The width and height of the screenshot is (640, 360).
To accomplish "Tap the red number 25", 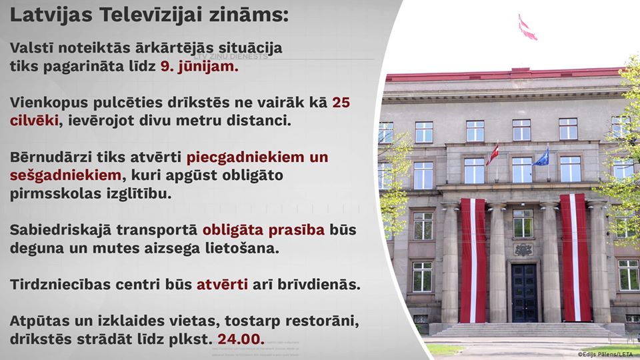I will [x=341, y=103].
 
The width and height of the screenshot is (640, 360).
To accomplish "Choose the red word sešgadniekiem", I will [x=65, y=175].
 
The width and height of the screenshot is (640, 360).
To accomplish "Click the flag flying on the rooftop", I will [x=527, y=28].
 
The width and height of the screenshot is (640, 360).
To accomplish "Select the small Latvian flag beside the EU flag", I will [x=493, y=154].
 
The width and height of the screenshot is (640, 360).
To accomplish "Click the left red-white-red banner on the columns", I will [x=473, y=260].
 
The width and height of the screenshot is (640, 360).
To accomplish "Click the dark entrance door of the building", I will [x=524, y=293].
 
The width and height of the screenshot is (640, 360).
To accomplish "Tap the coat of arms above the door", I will [x=523, y=249].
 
